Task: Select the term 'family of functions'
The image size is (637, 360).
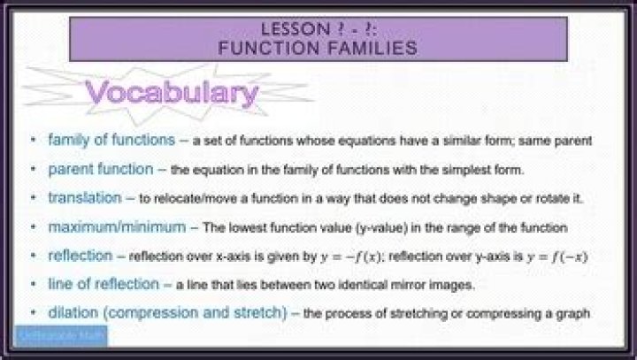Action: (x=111, y=141)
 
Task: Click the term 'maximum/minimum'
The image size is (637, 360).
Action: (x=117, y=227)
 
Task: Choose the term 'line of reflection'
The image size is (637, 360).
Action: (x=104, y=284)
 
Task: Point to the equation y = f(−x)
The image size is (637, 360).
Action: (x=555, y=257)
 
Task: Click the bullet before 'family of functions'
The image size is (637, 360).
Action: (x=34, y=141)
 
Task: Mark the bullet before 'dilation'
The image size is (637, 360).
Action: (x=34, y=313)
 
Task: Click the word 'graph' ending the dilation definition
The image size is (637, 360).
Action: (x=573, y=314)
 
